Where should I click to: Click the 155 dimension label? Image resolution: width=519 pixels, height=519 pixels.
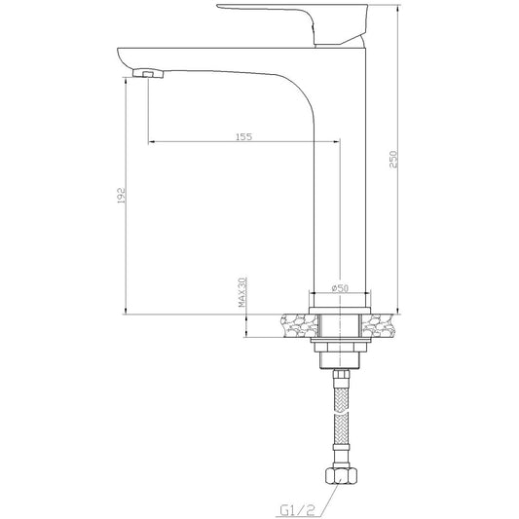click(x=243, y=136)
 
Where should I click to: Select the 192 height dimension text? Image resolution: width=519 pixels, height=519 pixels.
click(x=122, y=196)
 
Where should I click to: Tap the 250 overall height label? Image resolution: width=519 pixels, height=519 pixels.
click(x=392, y=160)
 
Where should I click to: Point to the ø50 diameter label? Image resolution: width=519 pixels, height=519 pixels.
click(x=340, y=288)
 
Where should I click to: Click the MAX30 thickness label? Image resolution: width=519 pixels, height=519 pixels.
click(x=242, y=292)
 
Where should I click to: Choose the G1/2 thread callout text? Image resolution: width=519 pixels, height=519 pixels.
click(x=297, y=510)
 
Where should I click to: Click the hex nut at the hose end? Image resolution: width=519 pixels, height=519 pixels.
click(x=341, y=475)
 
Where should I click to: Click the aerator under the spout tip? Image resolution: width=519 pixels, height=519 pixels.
click(x=148, y=73)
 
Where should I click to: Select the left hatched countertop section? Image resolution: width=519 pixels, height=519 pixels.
click(x=299, y=325)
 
